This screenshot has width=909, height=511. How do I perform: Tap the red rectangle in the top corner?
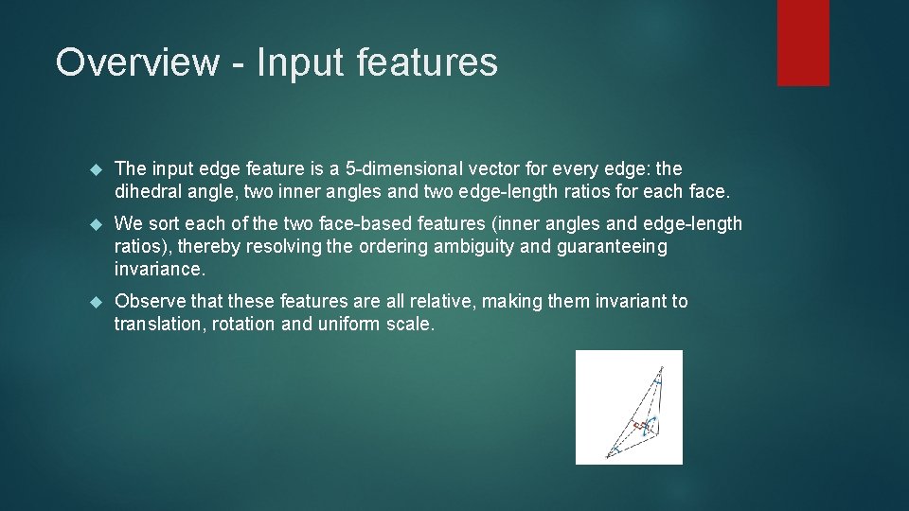point(803,43)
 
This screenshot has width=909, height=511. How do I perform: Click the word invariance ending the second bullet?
point(158,270)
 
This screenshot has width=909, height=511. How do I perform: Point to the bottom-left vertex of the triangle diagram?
point(606,455)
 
